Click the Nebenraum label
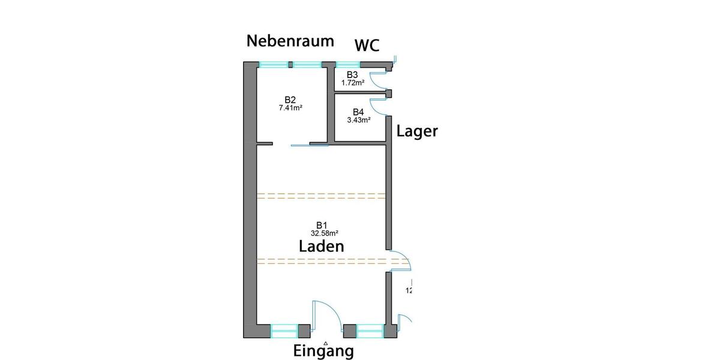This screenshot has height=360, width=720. point(290,41)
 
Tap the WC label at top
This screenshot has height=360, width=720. point(367,46)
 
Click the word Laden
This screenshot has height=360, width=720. point(322,245)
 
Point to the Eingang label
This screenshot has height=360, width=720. point(323,350)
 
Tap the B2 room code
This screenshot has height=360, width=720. point(290,100)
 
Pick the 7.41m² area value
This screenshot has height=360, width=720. point(290,108)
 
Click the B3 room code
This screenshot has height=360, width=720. point(352,74)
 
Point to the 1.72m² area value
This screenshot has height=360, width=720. point(353,82)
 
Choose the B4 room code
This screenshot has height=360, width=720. point(358,112)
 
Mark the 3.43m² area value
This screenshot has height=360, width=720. point(358,120)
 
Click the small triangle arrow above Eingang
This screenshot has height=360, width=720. point(326,343)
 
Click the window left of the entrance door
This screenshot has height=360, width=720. point(284,331)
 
